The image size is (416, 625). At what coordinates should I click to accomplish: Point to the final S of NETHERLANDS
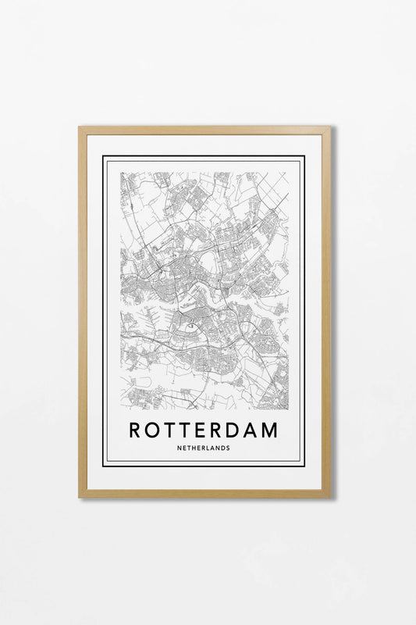click(228, 448)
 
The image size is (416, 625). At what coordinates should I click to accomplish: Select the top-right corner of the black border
click(304, 156)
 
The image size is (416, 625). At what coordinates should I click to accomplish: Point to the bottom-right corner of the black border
click(304, 466)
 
